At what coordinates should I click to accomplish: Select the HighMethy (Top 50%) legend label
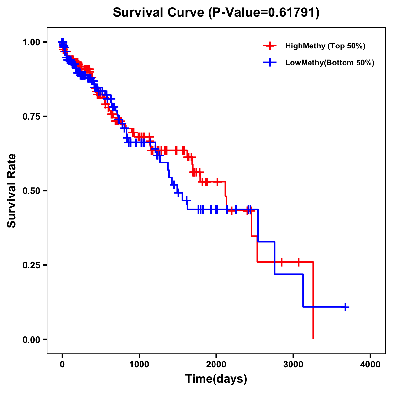[x=325, y=46]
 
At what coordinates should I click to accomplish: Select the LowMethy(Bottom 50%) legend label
[x=330, y=63]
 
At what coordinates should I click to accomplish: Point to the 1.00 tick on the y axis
[x=31, y=42]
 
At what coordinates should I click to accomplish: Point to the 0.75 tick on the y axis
[x=31, y=117]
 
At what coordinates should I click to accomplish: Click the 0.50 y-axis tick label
[x=31, y=191]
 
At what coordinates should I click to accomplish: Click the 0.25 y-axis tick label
[x=31, y=265]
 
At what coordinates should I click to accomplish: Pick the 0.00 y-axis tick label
[x=31, y=340]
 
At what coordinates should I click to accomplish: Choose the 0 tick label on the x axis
[x=62, y=365]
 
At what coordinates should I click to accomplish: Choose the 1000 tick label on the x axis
[x=139, y=365]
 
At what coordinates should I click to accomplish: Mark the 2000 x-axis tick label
[x=216, y=365]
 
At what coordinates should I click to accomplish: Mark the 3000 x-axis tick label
[x=293, y=365]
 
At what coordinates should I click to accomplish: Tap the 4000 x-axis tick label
[x=370, y=365]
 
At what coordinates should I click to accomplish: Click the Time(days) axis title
[x=216, y=379]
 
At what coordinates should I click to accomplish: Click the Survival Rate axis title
[x=12, y=191]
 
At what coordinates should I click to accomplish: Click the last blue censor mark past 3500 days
[x=345, y=307]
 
